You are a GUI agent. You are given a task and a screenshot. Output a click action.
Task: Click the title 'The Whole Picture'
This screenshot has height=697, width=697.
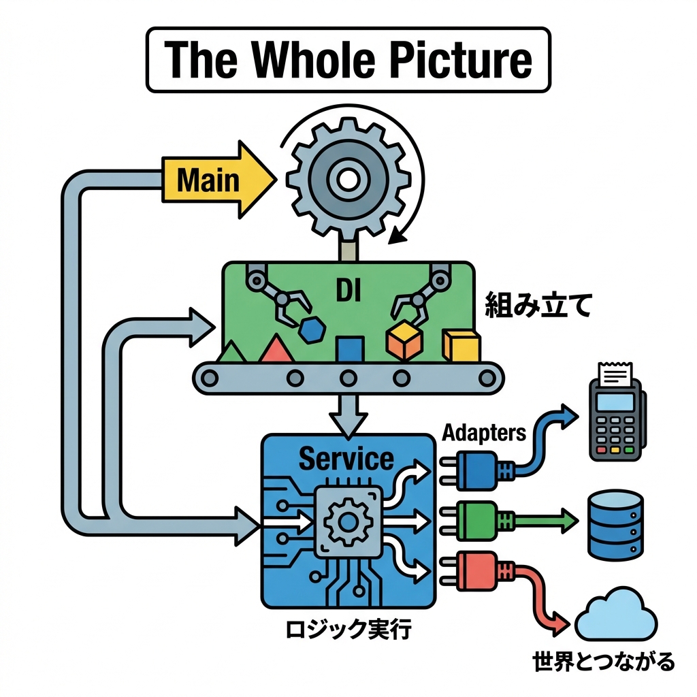coord(348,60)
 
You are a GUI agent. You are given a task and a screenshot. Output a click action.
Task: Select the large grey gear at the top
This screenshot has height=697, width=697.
coord(348,180)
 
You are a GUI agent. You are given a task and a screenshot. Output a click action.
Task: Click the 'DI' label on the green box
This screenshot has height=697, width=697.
coord(348,291)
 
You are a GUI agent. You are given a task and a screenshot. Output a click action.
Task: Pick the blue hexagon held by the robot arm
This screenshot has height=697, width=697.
coord(314,329)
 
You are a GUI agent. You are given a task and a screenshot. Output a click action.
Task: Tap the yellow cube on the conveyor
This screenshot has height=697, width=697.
coord(461,346)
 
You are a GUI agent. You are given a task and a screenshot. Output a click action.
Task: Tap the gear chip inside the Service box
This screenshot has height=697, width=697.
coord(347,523)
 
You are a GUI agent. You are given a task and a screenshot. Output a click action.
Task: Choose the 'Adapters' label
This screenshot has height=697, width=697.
coord(484,432)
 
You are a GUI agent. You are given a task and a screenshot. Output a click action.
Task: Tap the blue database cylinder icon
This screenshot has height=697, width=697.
coord(614,525)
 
